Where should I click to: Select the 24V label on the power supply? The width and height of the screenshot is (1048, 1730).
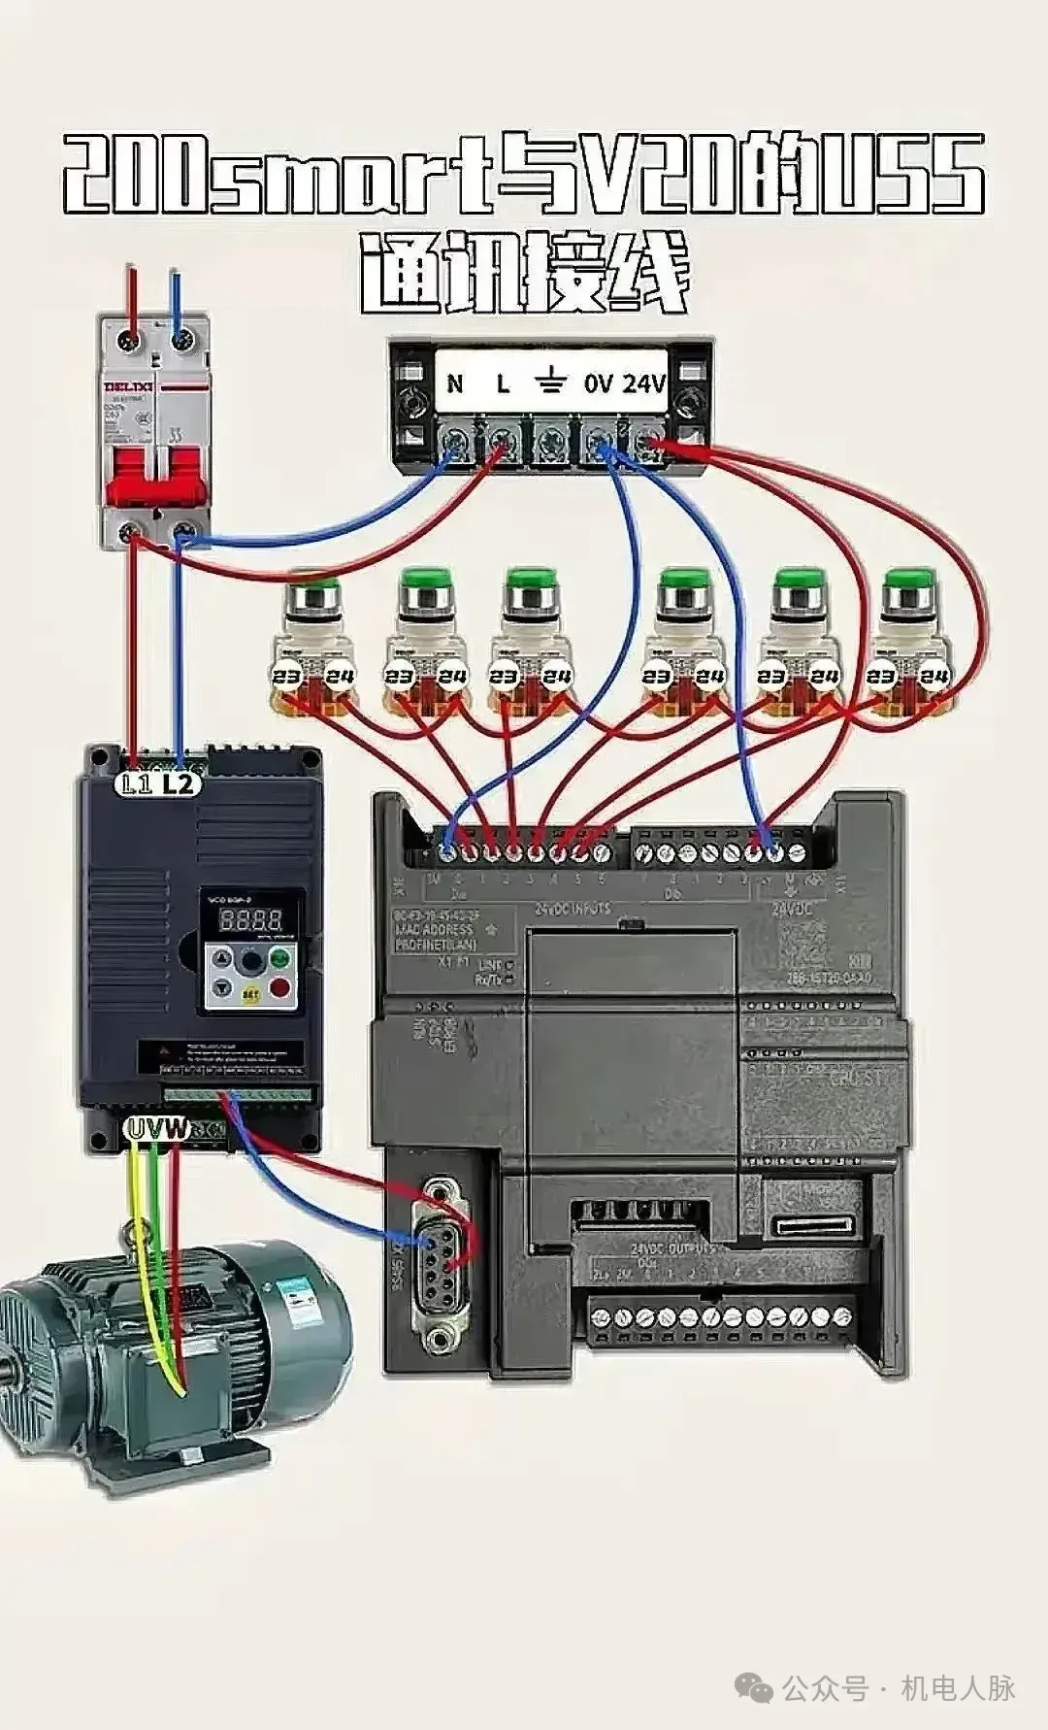[x=643, y=383]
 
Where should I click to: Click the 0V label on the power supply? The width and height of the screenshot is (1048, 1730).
[x=598, y=383]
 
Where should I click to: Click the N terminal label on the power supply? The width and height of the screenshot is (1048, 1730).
[x=455, y=383]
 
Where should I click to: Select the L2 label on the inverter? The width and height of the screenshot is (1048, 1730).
[x=179, y=783]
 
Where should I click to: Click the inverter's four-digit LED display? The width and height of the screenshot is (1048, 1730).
[x=250, y=919]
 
